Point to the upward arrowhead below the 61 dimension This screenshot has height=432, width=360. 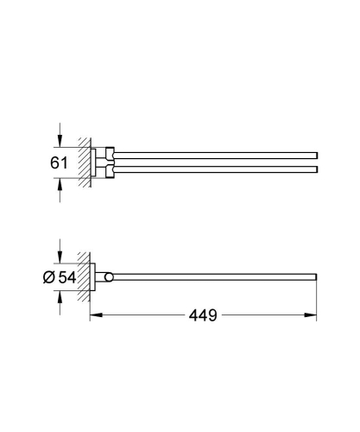pyautogui.click(x=60, y=182)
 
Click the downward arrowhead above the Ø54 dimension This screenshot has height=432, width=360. pyautogui.click(x=60, y=255)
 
